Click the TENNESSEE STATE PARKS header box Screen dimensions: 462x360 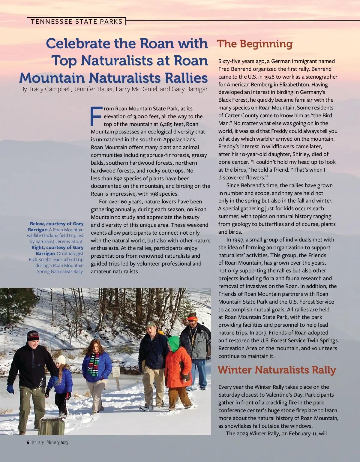pyautogui.click(x=76, y=21)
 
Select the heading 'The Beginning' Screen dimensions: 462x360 pyautogui.click(x=255, y=44)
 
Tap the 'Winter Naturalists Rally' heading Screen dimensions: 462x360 pyautogui.click(x=277, y=370)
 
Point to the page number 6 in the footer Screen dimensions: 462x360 pyautogui.click(x=28, y=442)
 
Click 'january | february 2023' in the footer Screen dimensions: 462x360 pyautogui.click(x=50, y=442)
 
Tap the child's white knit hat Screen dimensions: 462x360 pyautogui.click(x=61, y=359)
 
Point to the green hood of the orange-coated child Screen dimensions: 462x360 pyautogui.click(x=173, y=342)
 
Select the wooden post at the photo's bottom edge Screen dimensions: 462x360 pyautogui.click(x=52, y=426)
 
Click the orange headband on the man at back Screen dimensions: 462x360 pyautogui.click(x=192, y=318)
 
